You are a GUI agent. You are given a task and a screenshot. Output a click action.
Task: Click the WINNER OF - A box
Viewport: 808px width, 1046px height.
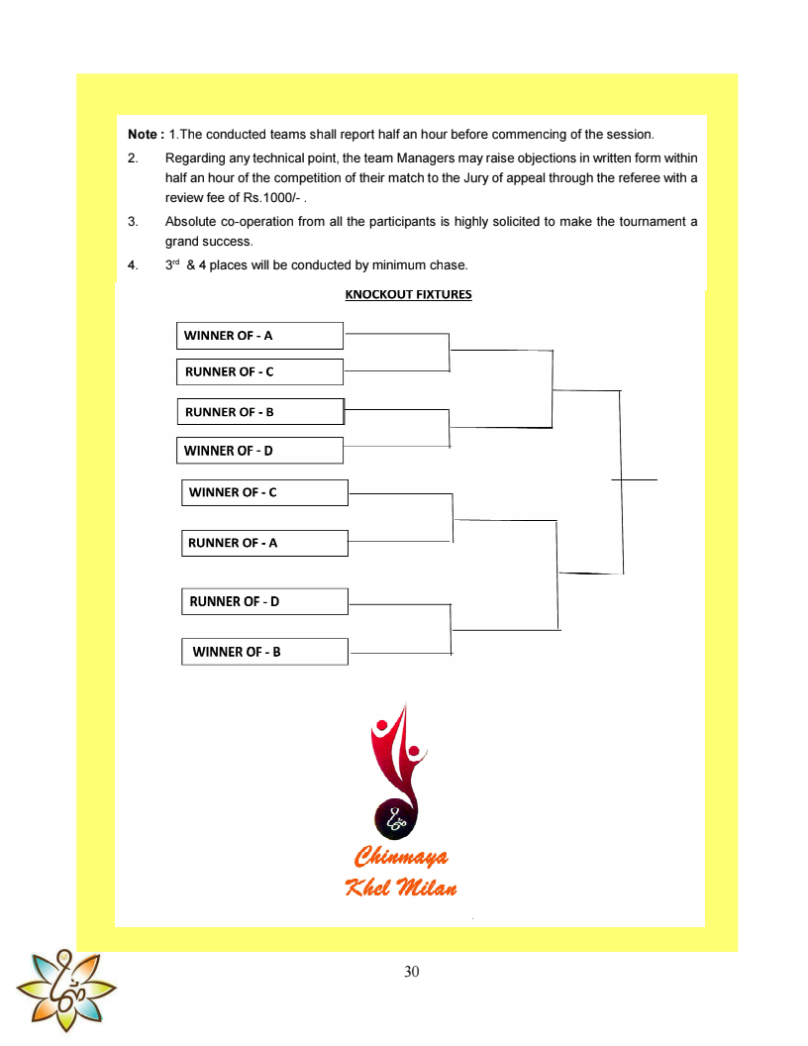point(259,336)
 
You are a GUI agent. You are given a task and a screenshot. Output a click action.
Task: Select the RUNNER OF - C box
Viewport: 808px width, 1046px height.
point(259,372)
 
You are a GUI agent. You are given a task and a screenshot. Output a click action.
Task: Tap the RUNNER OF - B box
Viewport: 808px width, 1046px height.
point(260,412)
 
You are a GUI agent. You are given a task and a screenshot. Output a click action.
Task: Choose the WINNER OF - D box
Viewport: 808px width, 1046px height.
point(259,451)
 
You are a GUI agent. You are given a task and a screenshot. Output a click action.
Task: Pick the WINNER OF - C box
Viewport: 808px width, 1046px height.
point(264,492)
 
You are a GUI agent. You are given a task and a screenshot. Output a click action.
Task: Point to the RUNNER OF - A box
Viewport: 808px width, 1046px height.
point(264,543)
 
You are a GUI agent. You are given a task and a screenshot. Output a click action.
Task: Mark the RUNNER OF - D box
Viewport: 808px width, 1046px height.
point(264,601)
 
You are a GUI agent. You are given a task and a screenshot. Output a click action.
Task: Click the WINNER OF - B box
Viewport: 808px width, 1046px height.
point(264,652)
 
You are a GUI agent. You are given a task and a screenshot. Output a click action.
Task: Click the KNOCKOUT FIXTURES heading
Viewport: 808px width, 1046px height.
point(408,294)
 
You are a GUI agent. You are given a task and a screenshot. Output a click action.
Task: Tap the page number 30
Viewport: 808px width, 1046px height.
point(412,972)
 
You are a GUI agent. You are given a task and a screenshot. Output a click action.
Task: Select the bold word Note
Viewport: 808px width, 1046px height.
point(145,134)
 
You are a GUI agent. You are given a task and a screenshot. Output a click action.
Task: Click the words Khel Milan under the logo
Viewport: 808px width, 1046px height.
point(401,887)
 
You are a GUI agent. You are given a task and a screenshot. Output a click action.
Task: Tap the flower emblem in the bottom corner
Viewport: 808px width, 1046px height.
point(65,989)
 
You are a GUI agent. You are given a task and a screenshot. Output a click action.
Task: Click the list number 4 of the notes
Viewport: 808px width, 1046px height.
point(132,265)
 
